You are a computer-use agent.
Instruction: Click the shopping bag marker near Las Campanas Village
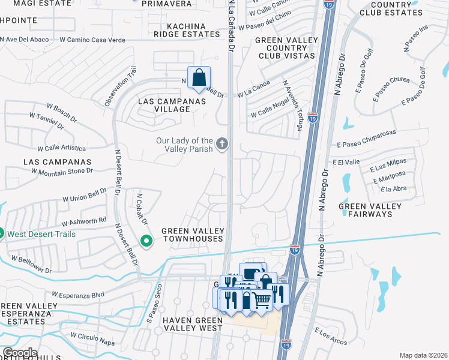(199, 78)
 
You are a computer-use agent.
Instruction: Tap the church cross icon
(222, 143)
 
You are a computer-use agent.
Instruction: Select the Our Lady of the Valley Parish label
(184, 145)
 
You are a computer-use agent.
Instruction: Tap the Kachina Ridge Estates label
(186, 31)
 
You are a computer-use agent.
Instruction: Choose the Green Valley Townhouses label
(193, 235)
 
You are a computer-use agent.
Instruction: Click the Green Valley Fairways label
(370, 210)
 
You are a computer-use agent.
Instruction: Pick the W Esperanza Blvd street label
(78, 295)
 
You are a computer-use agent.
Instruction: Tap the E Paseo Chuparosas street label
(367, 145)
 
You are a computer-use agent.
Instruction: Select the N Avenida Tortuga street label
(291, 101)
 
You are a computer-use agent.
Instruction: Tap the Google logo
(20, 353)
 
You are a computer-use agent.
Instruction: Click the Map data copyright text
(423, 355)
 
